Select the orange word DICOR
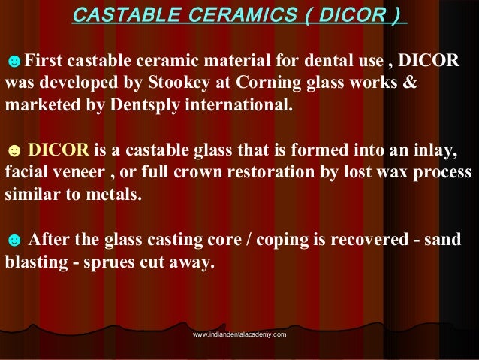51,150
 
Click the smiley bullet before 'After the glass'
13,241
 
